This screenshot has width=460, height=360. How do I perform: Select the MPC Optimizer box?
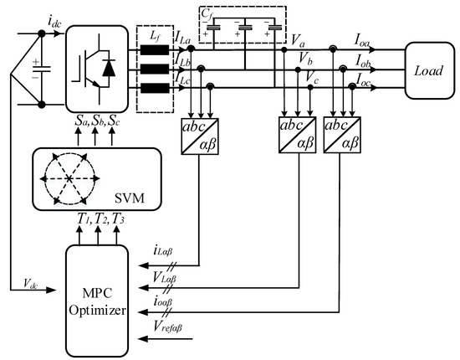click(99, 300)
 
